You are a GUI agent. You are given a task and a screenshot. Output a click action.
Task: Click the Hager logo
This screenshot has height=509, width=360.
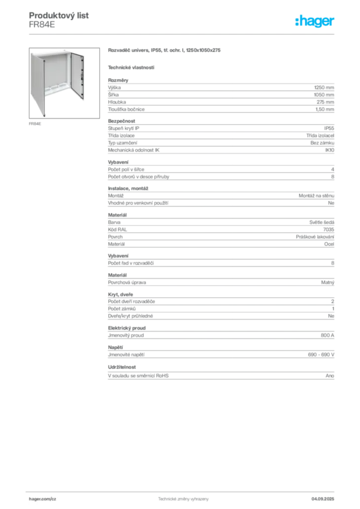315,21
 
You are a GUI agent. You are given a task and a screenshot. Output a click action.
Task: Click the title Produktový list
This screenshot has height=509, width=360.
59,15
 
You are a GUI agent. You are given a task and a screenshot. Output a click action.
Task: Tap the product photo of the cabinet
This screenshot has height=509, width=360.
64,83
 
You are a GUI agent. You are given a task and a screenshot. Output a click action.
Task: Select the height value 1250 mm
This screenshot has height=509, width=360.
324,87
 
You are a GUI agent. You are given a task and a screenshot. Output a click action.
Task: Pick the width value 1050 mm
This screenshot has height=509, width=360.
324,95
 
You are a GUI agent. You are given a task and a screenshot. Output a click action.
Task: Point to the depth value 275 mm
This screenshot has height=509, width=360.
325,102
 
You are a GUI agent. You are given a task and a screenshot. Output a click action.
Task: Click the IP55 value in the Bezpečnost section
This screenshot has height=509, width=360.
329,128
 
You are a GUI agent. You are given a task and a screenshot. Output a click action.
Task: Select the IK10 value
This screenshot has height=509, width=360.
330,150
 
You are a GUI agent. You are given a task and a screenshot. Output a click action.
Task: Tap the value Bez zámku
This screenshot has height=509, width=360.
322,143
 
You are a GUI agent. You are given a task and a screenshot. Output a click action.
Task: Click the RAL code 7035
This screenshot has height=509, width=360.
329,230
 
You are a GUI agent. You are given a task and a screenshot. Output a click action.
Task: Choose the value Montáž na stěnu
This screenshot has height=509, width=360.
317,196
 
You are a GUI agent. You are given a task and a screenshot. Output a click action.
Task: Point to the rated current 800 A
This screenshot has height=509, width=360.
328,336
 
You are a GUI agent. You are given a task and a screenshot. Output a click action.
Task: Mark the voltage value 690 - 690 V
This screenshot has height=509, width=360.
321,355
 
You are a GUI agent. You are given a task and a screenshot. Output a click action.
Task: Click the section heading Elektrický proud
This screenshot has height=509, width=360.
127,328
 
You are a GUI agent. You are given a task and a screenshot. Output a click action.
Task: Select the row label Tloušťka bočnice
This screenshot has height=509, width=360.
126,109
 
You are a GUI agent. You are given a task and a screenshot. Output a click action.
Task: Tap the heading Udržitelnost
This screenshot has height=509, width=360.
122,367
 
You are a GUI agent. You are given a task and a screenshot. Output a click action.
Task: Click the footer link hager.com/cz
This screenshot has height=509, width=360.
43,499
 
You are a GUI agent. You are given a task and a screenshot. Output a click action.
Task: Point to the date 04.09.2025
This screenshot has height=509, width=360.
323,499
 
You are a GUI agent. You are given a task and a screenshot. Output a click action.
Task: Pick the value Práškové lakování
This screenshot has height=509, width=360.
315,237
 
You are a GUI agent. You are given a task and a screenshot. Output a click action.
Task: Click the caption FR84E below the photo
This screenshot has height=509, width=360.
35,124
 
